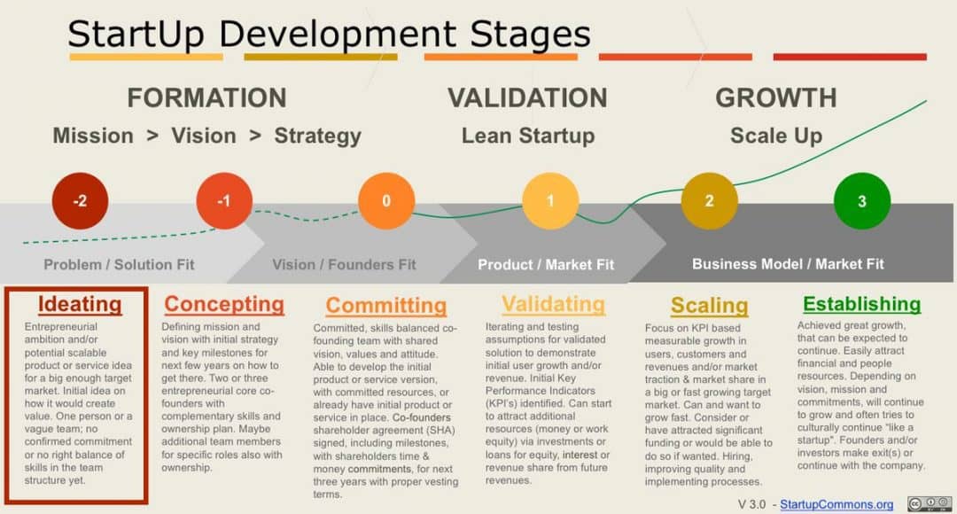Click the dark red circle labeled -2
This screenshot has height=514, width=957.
[x=80, y=201]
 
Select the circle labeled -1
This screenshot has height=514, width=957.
[x=224, y=201]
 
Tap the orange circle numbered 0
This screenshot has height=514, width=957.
[x=385, y=201]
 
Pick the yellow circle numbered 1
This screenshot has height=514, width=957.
[x=550, y=201]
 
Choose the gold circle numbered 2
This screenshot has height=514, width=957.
[x=709, y=201]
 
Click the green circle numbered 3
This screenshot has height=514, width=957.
[x=862, y=201]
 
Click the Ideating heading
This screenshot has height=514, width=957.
[x=80, y=304]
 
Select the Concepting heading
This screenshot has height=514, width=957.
[x=224, y=304]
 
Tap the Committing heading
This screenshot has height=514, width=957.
[x=385, y=306]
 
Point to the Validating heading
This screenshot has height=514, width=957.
[x=553, y=304]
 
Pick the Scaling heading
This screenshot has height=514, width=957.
[x=709, y=306]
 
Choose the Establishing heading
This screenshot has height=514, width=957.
[x=862, y=304]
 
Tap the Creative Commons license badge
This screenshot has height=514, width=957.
[x=929, y=503]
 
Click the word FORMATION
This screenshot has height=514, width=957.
[x=206, y=97]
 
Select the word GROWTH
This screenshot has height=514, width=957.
[x=775, y=97]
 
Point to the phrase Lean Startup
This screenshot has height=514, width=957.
[x=527, y=136]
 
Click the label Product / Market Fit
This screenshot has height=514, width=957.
[x=545, y=264]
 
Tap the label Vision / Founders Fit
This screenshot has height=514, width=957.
[x=344, y=264]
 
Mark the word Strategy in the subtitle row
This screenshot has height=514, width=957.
[x=317, y=136]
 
